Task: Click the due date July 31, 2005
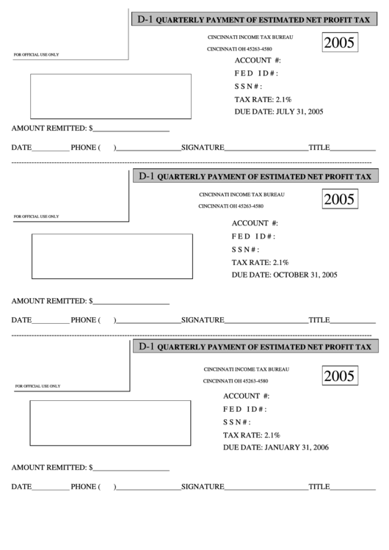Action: click(279, 112)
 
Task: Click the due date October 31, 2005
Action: click(284, 275)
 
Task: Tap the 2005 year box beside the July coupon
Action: click(339, 44)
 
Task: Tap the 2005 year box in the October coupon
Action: click(339, 199)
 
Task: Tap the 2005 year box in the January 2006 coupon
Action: click(339, 376)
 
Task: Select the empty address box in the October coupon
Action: click(112, 256)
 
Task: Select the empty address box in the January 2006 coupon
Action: click(108, 422)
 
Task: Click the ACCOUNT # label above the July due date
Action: click(258, 60)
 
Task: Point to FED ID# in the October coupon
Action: click(253, 236)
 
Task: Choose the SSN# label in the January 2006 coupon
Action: click(237, 422)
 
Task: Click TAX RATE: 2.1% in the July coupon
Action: click(263, 99)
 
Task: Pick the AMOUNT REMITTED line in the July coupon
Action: click(90, 128)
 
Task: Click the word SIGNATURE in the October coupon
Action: click(202, 320)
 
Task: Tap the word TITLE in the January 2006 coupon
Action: click(319, 487)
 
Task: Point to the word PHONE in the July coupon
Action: click(84, 148)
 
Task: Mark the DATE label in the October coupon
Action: click(21, 320)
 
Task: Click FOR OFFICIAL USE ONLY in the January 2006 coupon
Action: click(37, 386)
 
